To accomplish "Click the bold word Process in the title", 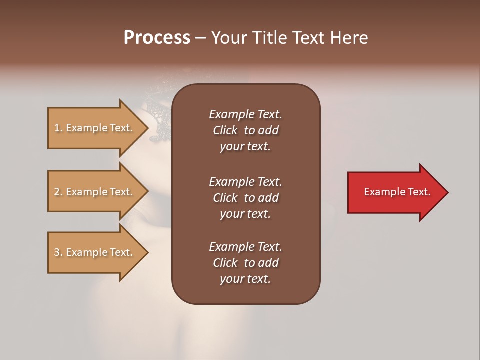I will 157,38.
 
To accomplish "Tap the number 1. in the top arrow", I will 58,128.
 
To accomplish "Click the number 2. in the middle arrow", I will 58,192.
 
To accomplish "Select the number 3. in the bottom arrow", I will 58,252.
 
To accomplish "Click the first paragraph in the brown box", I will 245,130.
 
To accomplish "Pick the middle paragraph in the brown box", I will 245,198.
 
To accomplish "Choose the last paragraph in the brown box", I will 245,263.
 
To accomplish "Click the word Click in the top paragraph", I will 225,130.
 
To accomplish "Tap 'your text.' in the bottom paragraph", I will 245,279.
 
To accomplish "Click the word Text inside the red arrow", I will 419,192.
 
